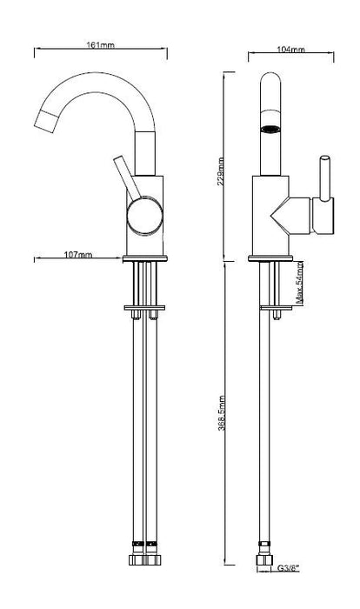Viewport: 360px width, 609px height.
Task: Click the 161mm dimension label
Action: pos(100,45)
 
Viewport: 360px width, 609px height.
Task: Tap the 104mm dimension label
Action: pos(290,50)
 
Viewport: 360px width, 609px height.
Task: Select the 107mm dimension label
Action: pos(78,255)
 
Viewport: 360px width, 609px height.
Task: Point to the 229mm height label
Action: pos(221,171)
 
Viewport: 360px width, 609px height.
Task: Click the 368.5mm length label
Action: pos(222,413)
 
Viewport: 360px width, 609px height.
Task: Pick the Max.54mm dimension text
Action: pos(299,283)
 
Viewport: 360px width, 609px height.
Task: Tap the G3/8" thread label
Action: pos(289,569)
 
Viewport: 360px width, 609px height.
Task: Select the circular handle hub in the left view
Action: pos(145,217)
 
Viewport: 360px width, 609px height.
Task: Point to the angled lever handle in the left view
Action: pos(127,177)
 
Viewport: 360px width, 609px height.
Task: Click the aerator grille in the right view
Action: pos(270,130)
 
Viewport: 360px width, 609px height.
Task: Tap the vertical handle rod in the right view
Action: pos(325,178)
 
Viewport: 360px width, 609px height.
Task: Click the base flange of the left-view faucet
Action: pos(145,258)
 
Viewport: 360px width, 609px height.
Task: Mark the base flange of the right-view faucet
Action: pos(270,258)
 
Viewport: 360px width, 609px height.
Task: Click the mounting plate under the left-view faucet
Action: pos(144,308)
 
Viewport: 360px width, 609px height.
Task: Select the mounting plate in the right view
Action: pos(277,308)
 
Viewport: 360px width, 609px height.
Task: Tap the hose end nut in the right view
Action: pos(264,559)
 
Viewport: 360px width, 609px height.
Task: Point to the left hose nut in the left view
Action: pos(137,559)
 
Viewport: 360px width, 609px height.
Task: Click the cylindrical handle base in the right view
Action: pos(323,216)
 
